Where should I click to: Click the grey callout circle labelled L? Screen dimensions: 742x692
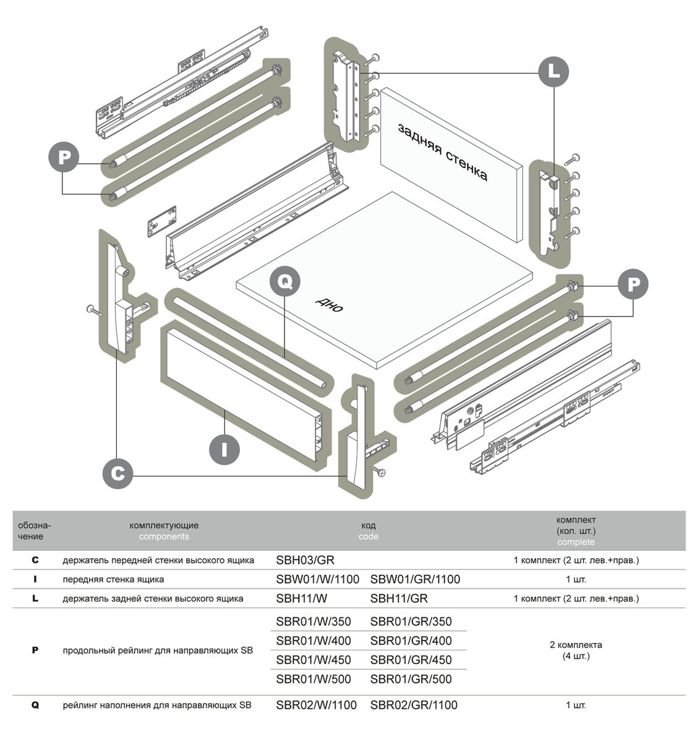pos(554,72)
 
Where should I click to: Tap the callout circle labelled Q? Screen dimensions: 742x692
pos(285,282)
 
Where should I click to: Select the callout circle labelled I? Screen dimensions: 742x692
pos(224,448)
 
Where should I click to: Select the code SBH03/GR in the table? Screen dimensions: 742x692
pos(305,560)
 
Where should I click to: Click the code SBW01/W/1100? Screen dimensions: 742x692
pos(317,579)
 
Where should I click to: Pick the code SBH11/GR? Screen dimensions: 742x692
pos(399,598)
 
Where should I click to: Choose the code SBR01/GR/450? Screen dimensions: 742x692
pos(411,660)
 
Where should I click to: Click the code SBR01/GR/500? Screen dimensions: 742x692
pos(411,679)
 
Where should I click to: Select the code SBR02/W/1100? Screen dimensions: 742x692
pos(316,705)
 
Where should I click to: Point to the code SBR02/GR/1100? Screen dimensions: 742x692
pos(414,705)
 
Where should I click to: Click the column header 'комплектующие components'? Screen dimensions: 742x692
pos(164,531)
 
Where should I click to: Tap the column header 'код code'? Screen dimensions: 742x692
pos(368,531)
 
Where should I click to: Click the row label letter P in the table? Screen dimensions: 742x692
pos(35,650)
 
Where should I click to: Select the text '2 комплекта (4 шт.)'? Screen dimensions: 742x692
pos(576,650)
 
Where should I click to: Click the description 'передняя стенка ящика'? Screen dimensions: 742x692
pos(113,579)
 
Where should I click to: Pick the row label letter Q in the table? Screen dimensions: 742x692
pos(35,705)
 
